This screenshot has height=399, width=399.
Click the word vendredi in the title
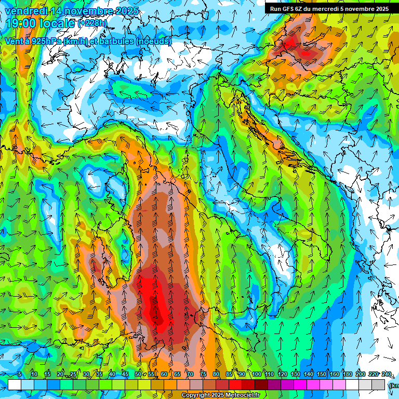click(26, 11)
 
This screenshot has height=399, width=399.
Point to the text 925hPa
click(48, 41)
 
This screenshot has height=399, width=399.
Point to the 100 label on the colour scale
click(256, 375)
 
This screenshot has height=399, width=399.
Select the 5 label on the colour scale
click(20, 375)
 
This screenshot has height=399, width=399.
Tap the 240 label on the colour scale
click(387, 375)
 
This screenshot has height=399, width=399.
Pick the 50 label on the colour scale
click(138, 375)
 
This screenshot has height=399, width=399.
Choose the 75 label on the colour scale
click(203, 375)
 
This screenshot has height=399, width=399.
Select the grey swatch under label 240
click(379, 384)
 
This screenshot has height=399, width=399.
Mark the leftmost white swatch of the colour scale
click(15, 384)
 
